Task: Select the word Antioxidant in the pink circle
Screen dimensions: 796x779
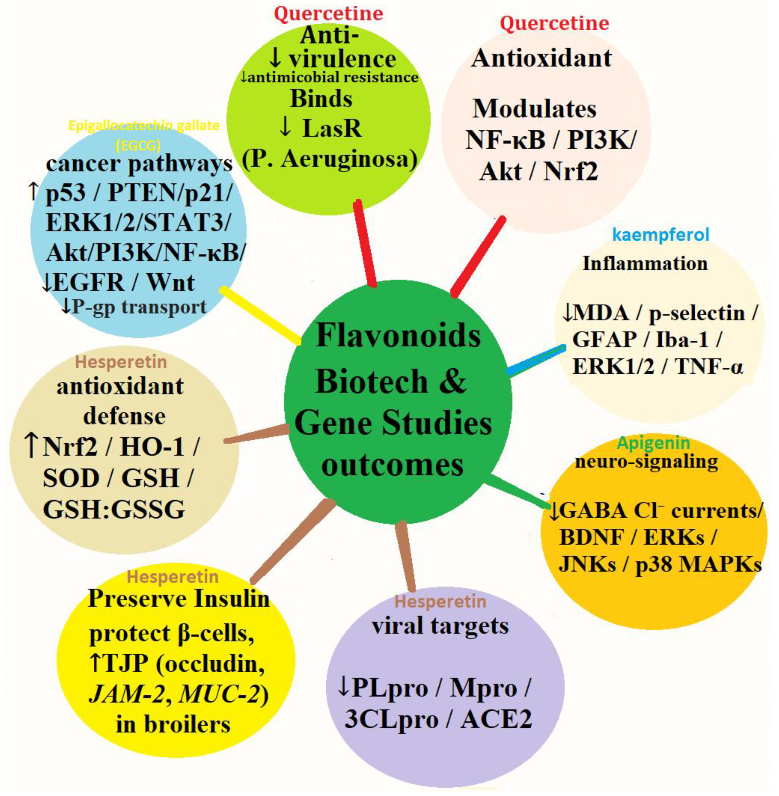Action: [x=541, y=58]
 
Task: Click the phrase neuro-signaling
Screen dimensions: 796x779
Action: [x=646, y=461]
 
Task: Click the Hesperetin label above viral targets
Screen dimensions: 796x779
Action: [x=440, y=601]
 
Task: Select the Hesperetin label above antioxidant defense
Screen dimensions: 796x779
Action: [x=121, y=362]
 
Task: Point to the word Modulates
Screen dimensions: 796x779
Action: [x=534, y=109]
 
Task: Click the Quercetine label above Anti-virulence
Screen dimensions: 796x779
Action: [x=328, y=13]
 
